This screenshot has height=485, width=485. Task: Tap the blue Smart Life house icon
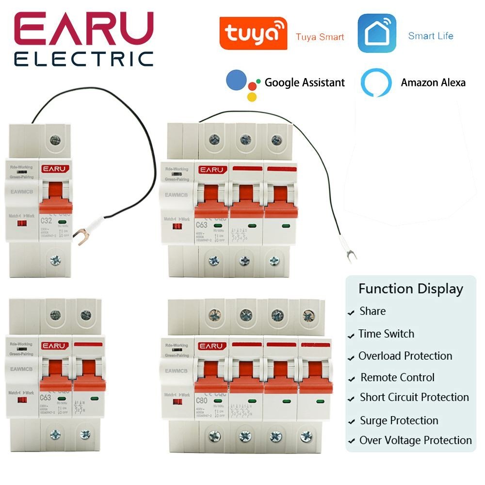(x=377, y=33)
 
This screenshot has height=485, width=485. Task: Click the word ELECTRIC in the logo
(x=84, y=59)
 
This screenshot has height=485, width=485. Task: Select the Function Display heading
(x=411, y=289)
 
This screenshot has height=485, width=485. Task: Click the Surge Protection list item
(x=399, y=420)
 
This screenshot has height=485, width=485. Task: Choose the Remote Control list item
(x=397, y=377)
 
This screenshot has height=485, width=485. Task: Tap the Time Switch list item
(x=386, y=334)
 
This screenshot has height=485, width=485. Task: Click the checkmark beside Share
(x=351, y=313)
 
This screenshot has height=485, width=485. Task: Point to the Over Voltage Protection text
(x=415, y=440)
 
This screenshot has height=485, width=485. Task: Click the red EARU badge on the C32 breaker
(x=54, y=169)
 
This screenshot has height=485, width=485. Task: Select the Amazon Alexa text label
(x=433, y=82)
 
